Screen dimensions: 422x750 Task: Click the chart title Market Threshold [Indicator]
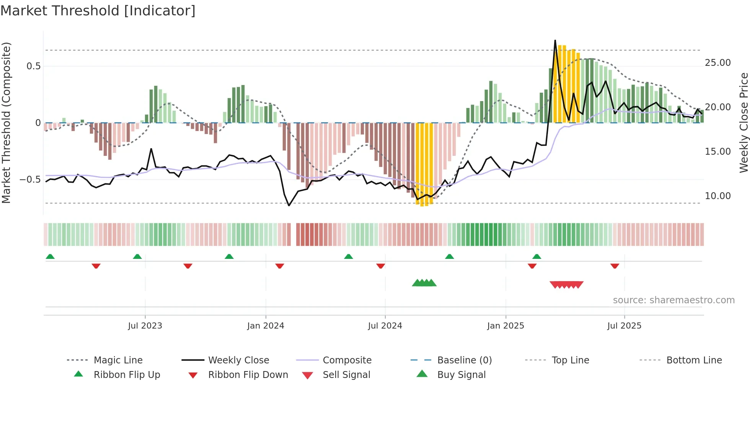(98, 11)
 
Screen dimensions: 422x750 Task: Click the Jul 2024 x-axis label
(385, 325)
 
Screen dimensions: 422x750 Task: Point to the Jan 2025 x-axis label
(505, 325)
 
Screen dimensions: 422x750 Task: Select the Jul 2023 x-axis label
(145, 325)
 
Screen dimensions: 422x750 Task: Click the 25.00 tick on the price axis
(717, 62)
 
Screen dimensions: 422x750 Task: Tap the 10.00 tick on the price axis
(717, 196)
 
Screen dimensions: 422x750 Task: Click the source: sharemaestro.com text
(673, 300)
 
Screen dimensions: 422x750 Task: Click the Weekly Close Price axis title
(743, 123)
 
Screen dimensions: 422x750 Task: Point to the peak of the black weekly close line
(555, 40)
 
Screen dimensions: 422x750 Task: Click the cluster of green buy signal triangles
(424, 283)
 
